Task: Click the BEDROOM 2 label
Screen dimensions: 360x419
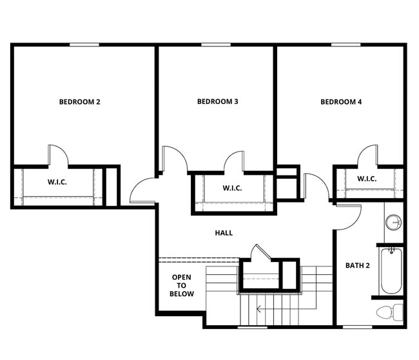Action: (x=79, y=101)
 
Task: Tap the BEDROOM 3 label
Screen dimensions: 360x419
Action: (x=218, y=101)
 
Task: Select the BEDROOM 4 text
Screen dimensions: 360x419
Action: (x=341, y=101)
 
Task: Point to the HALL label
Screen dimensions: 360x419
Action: (x=224, y=233)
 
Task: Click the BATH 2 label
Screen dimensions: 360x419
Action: (x=357, y=265)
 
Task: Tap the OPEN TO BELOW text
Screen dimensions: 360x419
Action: (x=181, y=285)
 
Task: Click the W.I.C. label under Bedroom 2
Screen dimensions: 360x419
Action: (x=57, y=182)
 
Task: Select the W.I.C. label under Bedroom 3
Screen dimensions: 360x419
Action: (x=232, y=188)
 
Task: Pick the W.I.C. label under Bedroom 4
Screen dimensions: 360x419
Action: (x=367, y=179)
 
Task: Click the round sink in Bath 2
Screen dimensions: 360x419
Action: (x=393, y=223)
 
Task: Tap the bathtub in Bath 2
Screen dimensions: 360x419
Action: (x=391, y=271)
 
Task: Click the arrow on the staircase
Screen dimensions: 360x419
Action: (x=259, y=309)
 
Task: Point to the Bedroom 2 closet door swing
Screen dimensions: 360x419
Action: (x=57, y=155)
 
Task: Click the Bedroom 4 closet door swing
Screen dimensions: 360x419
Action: (x=368, y=155)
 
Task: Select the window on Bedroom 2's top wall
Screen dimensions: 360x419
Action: (x=84, y=45)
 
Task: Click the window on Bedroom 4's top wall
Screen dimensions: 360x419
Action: (x=346, y=45)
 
